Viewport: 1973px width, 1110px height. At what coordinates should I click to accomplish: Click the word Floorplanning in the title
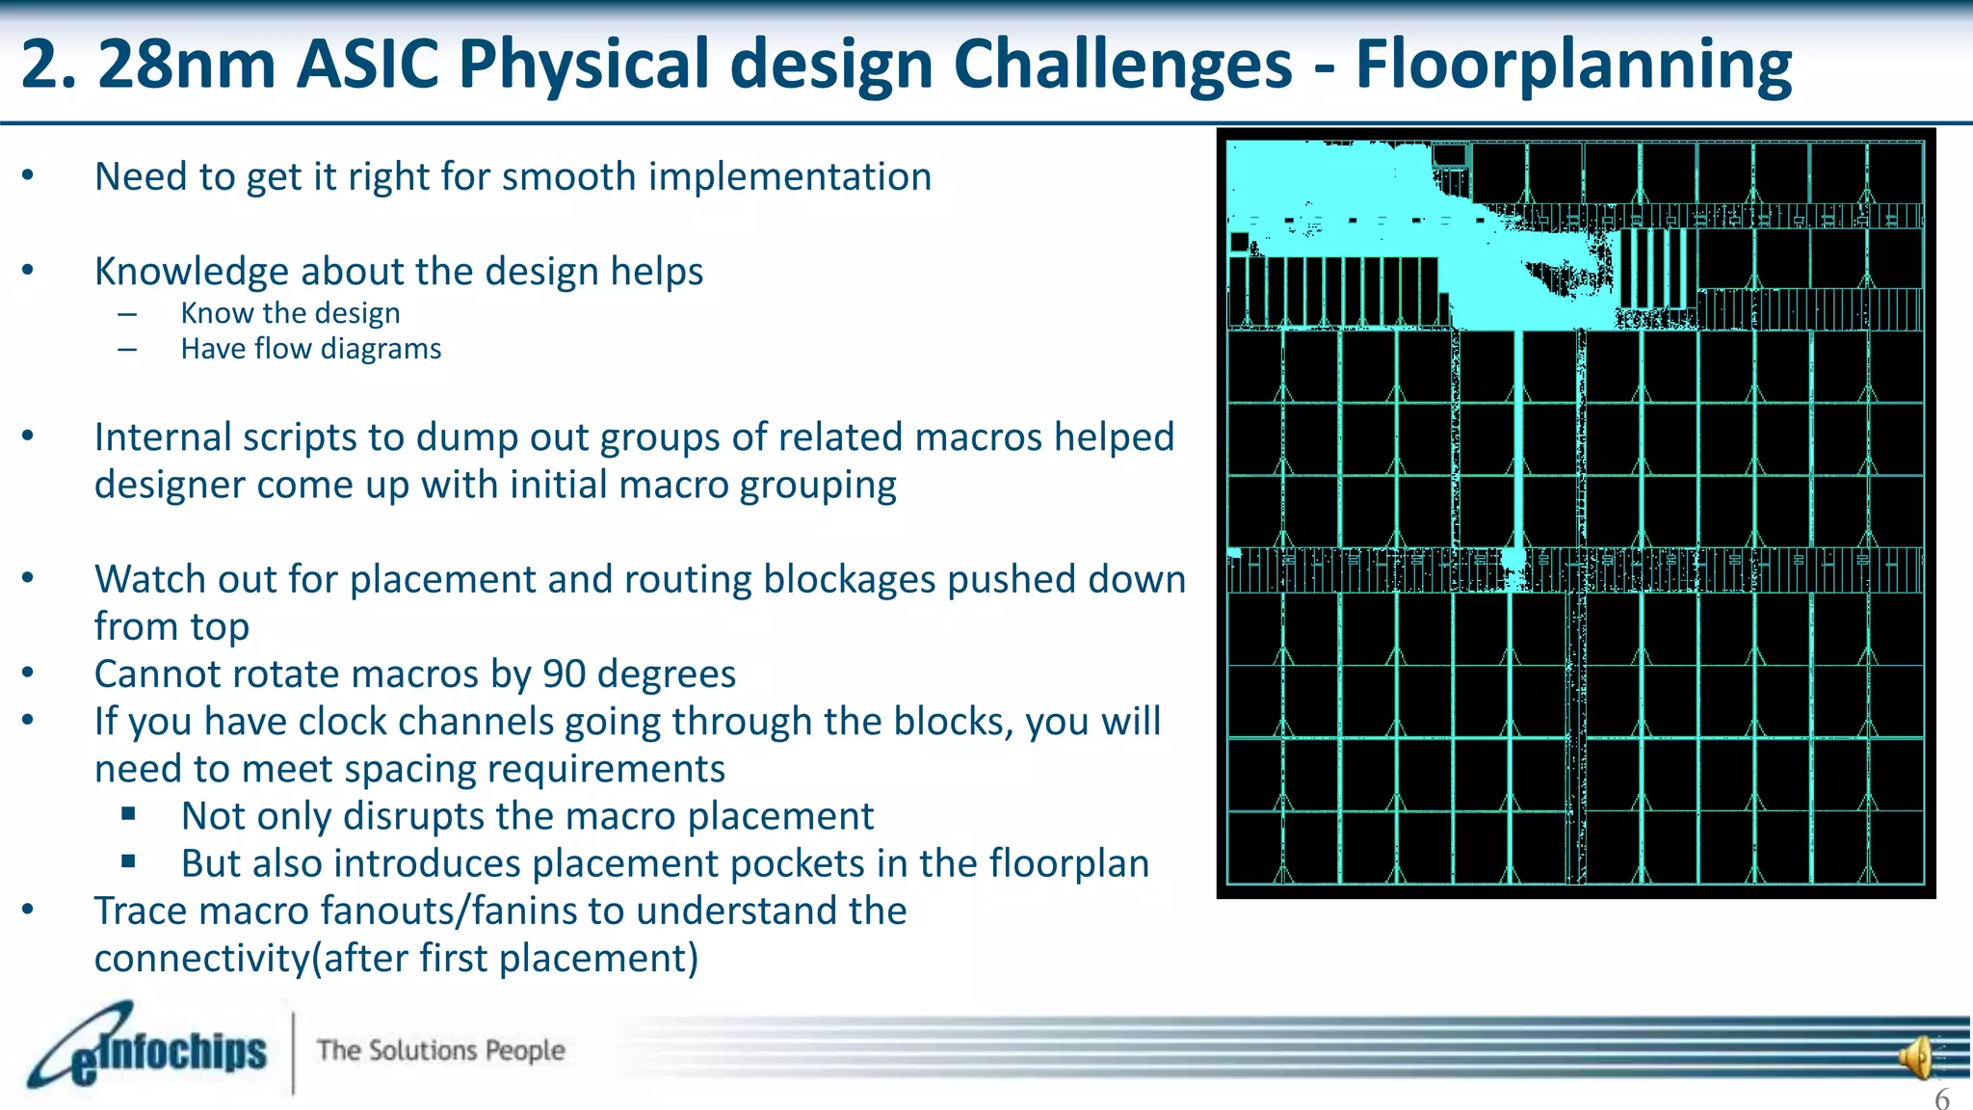(1573, 66)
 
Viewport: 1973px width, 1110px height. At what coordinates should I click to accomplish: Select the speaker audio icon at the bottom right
(1916, 1058)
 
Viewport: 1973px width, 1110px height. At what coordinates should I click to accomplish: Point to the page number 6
(1942, 1098)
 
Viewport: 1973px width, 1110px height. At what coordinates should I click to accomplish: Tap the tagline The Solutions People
(440, 1050)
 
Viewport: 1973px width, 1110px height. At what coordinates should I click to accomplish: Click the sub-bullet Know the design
(290, 313)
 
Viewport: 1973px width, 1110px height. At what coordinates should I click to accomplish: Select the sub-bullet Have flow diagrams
(310, 349)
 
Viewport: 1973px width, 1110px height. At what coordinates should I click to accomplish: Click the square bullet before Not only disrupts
(129, 814)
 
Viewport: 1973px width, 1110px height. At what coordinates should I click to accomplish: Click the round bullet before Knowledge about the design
(28, 271)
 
